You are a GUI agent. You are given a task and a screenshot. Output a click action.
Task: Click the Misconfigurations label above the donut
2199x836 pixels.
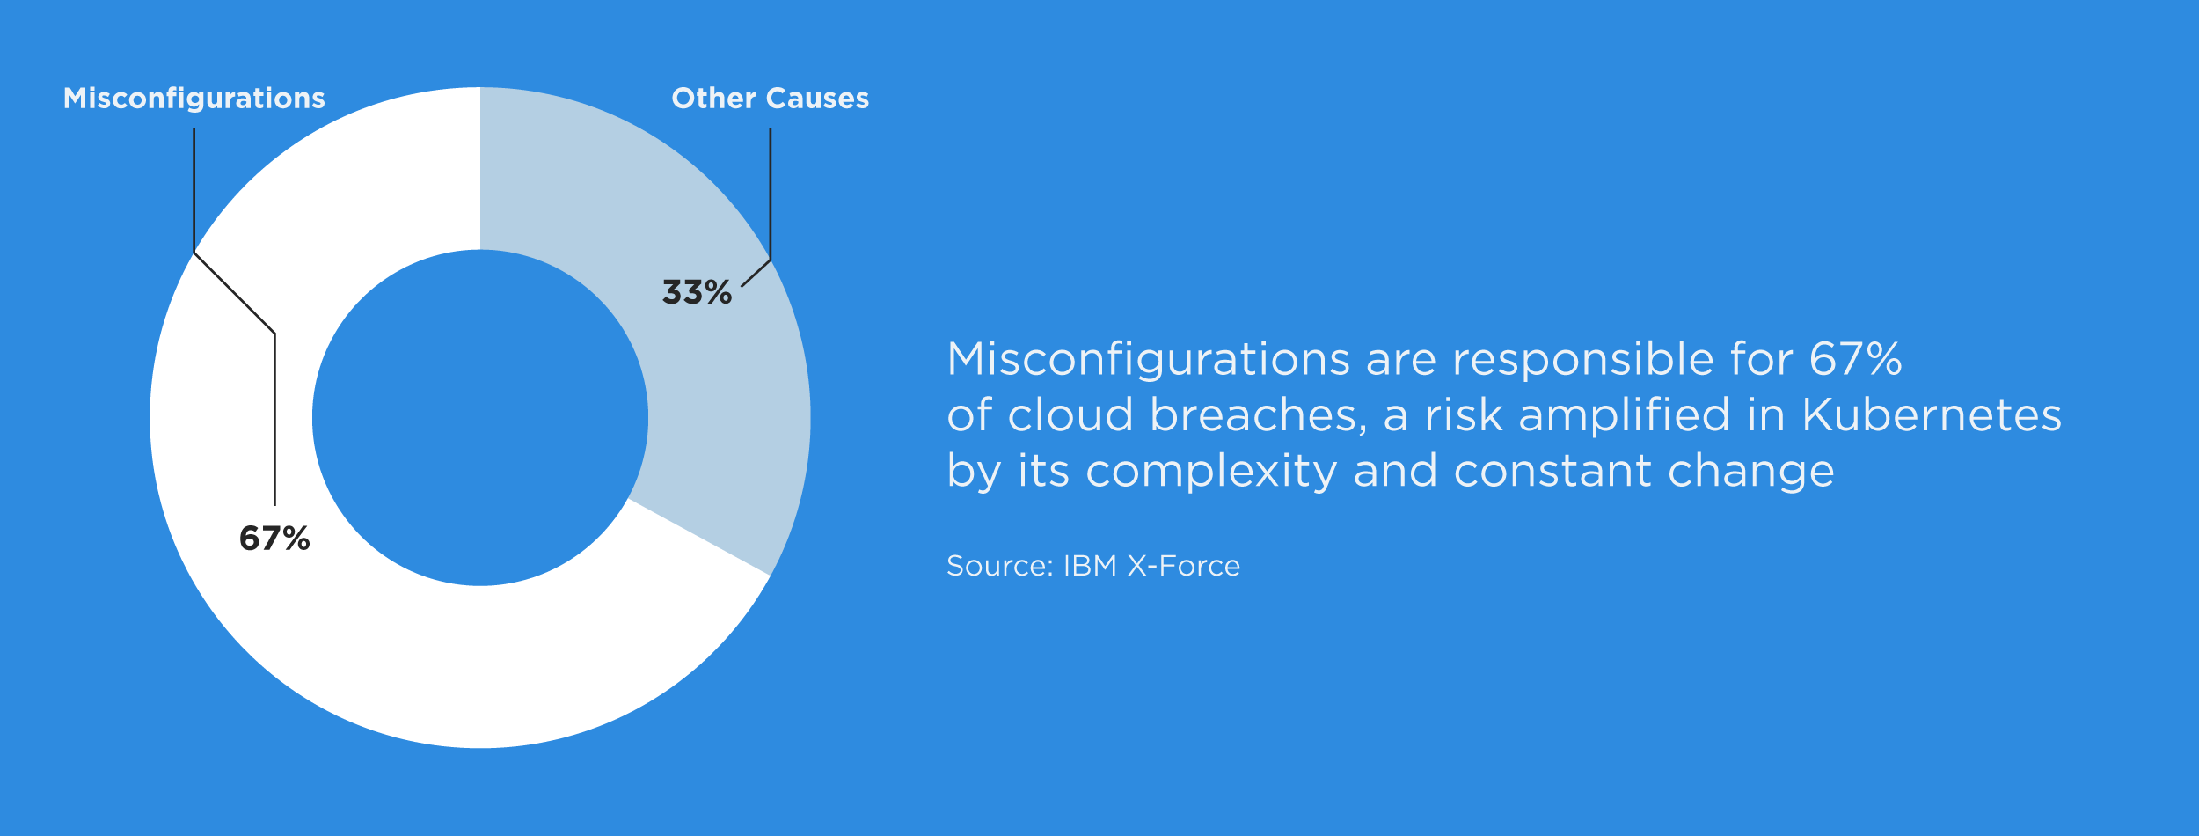click(x=194, y=99)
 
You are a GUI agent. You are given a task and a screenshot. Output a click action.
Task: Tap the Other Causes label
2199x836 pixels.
click(x=770, y=98)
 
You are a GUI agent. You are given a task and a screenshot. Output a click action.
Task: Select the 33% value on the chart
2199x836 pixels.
click(x=697, y=292)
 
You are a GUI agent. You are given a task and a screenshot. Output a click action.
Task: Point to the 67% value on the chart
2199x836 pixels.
click(x=274, y=539)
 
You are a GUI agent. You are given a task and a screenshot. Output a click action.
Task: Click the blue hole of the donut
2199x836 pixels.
click(x=480, y=418)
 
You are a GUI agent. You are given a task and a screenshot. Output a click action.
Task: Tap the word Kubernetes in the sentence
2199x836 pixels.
click(x=1932, y=414)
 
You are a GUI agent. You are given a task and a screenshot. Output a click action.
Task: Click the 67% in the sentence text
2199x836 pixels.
click(x=1856, y=359)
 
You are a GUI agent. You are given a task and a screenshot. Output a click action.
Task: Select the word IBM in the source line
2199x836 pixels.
click(x=1091, y=566)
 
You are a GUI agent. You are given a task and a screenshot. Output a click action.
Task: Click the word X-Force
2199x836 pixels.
click(x=1184, y=566)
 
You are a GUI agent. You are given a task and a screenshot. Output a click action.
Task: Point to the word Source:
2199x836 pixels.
click(x=1000, y=566)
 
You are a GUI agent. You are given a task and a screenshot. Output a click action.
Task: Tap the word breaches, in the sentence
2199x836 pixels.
click(x=1259, y=415)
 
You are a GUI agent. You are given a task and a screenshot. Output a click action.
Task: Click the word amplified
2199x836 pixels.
click(x=1625, y=415)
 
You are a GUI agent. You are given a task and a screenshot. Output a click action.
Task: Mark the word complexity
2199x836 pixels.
click(x=1212, y=472)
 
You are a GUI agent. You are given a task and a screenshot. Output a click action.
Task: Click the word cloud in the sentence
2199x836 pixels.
click(x=1070, y=414)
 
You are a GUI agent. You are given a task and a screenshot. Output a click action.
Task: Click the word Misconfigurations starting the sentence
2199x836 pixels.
click(x=1148, y=359)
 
